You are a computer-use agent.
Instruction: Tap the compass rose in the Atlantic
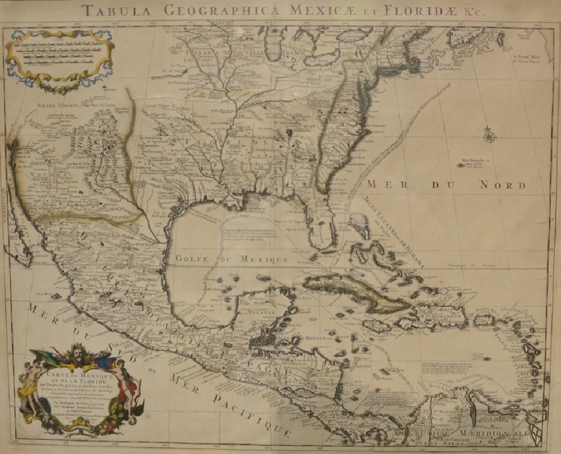tap(490, 136)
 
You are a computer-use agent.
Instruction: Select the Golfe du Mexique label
tap(232, 259)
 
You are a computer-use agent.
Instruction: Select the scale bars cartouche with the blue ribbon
tap(59, 59)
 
